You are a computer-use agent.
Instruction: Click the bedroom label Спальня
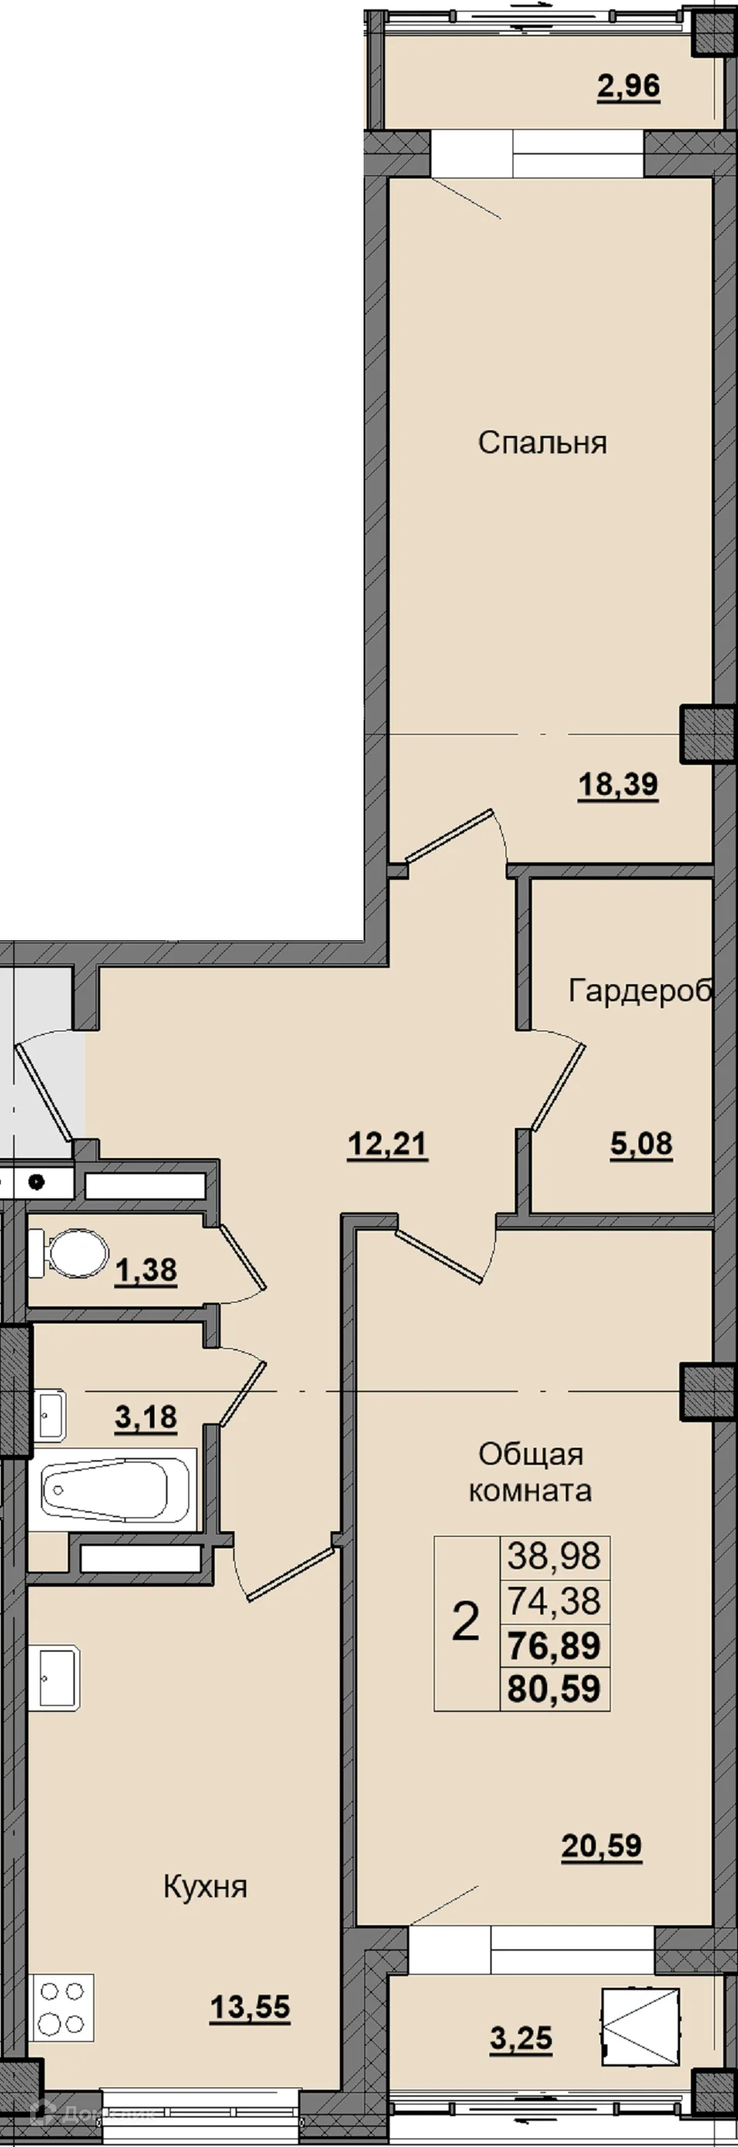[542, 443]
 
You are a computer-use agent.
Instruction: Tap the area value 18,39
[618, 784]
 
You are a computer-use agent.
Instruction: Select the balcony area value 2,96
[629, 86]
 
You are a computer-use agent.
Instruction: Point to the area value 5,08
[642, 1143]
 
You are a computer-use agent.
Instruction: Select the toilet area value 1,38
[146, 1270]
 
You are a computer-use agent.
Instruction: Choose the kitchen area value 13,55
[250, 2008]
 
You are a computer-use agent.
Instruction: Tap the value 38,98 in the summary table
[554, 1555]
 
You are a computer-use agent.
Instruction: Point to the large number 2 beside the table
[465, 1621]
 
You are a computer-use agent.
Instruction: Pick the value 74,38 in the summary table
[554, 1600]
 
